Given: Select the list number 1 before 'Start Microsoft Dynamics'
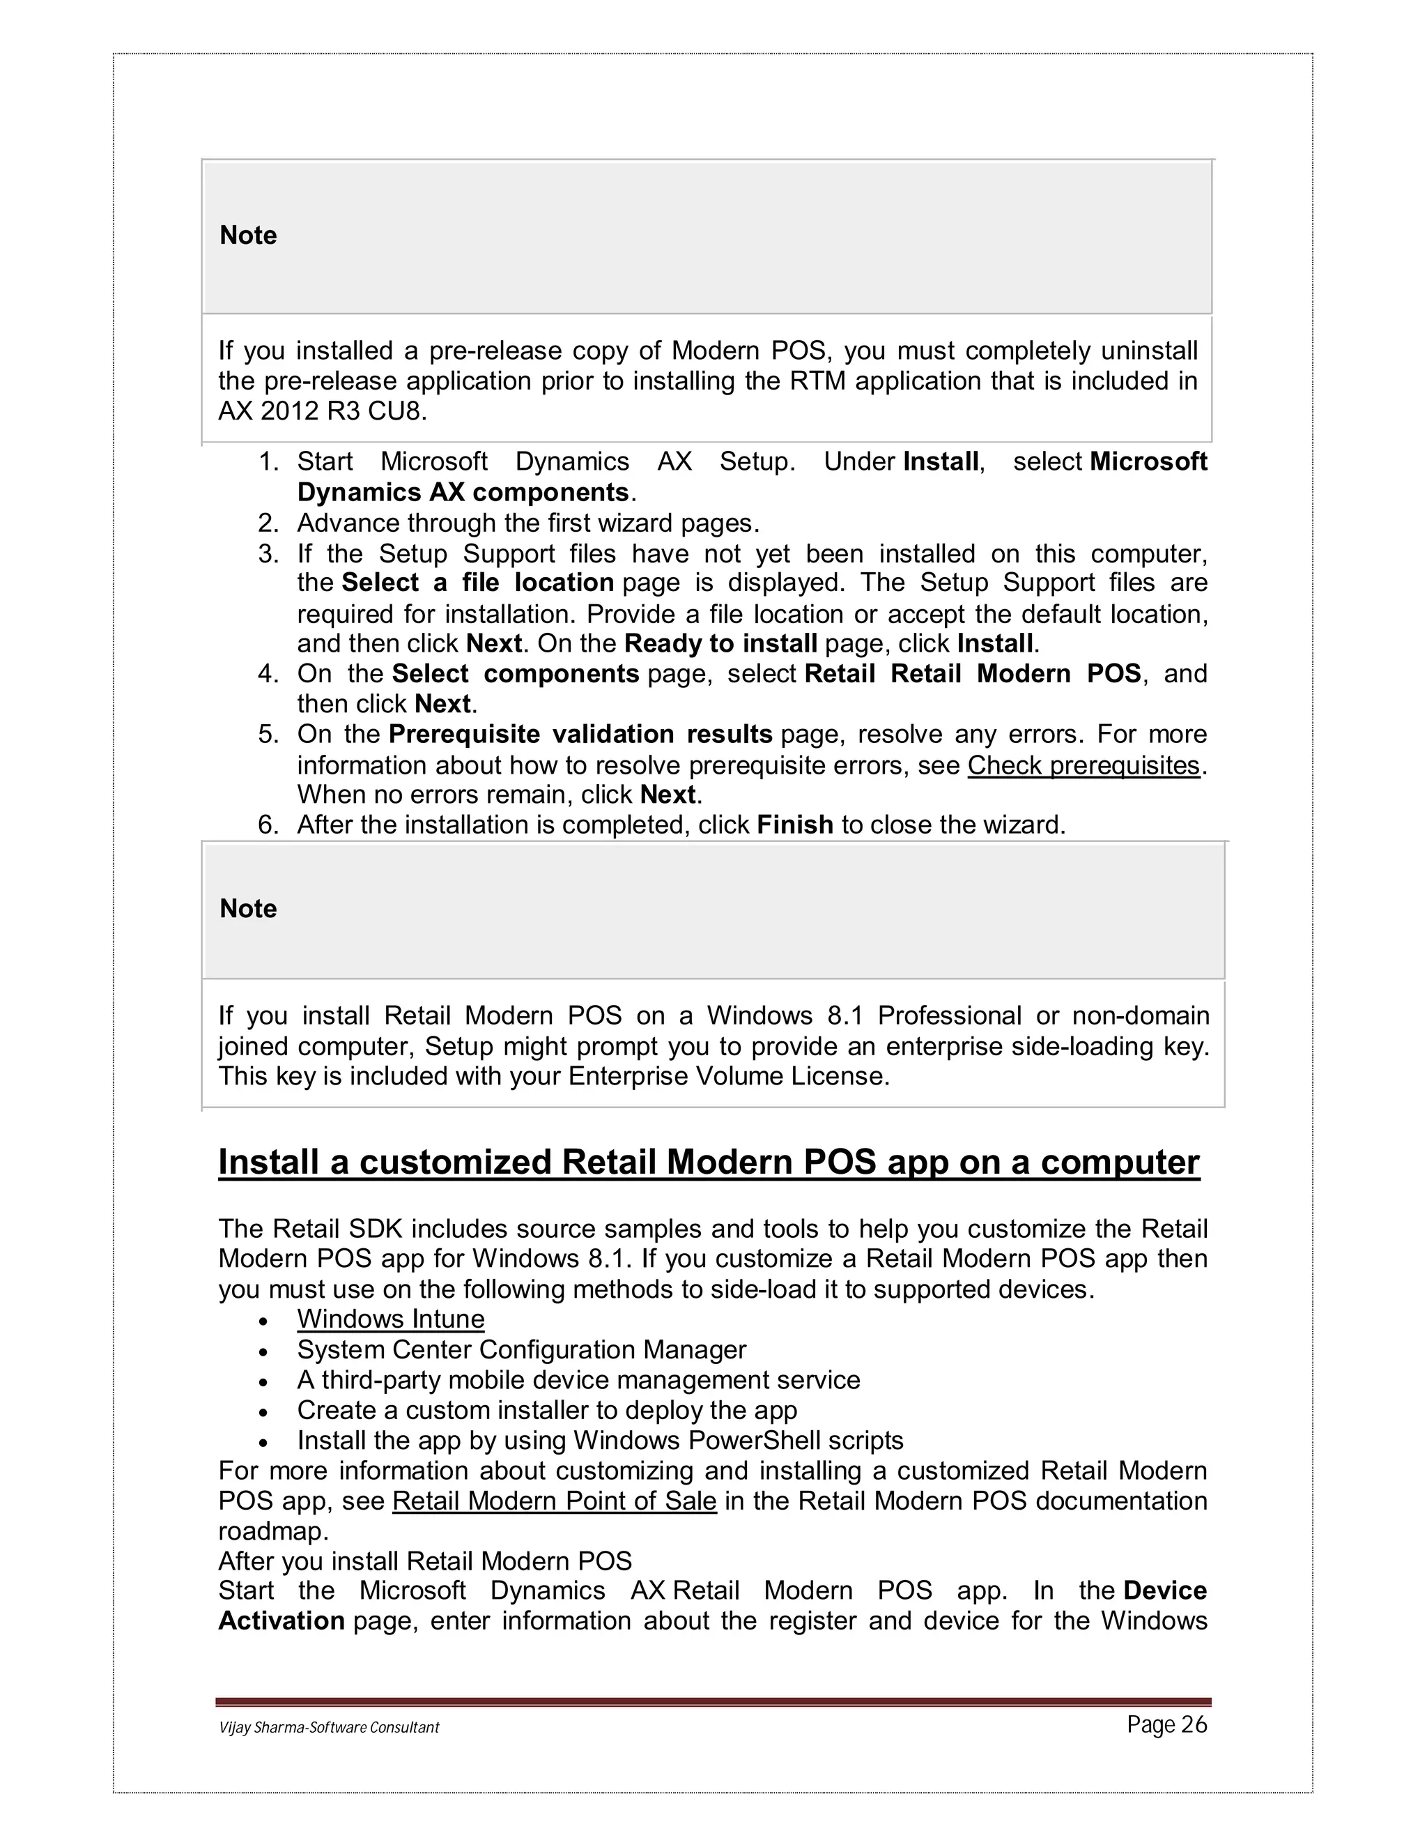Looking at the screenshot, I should [268, 461].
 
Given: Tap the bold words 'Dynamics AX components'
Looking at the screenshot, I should [463, 492].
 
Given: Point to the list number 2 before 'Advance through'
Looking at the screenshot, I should [268, 523].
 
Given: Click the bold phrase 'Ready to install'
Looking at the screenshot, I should [720, 643].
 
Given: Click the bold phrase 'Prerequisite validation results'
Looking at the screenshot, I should [580, 734].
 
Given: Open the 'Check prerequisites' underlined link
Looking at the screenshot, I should [1083, 765].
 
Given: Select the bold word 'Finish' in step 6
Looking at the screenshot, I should [794, 825].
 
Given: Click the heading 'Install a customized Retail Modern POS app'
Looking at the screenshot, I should [709, 1162].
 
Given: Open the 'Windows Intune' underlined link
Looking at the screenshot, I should [391, 1319].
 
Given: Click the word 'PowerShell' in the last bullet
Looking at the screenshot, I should [754, 1440].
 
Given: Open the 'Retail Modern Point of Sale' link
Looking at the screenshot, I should [554, 1501].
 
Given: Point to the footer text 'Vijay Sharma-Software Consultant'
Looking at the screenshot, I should [329, 1728].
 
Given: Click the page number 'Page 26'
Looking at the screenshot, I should [1166, 1725].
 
